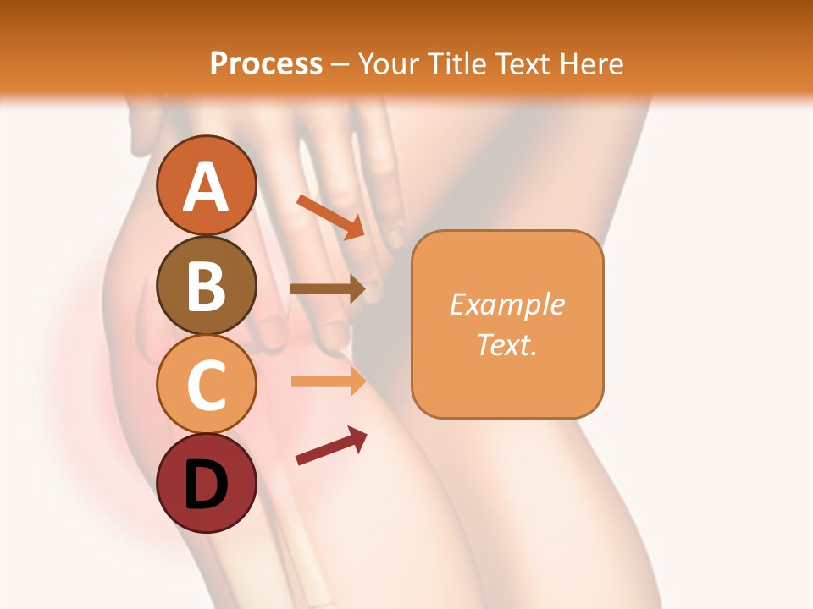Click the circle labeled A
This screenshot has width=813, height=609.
pos(206,185)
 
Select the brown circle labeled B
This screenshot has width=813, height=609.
pos(206,285)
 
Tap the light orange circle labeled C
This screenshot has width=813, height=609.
pos(206,384)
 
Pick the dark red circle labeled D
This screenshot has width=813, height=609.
pos(206,483)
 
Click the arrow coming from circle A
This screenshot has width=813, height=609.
pos(331,217)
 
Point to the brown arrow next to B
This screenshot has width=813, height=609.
pos(328,288)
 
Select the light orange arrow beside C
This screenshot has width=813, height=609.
pos(328,381)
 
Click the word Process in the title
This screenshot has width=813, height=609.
pos(266,63)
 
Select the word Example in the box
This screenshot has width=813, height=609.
pos(506,304)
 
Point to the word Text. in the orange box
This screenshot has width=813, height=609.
pos(506,344)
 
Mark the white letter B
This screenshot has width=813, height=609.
pos(206,286)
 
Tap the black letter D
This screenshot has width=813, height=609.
pos(206,485)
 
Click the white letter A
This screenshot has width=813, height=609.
pos(206,186)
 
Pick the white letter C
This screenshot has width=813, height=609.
pos(206,385)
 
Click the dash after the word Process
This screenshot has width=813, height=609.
pos(340,64)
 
